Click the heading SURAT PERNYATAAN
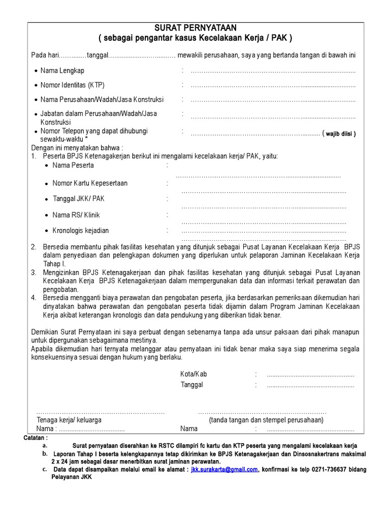[x=196, y=27]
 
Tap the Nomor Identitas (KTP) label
[x=72, y=85]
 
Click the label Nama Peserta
[x=73, y=166]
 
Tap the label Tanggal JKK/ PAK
[x=78, y=199]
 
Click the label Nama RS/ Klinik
[x=76, y=215]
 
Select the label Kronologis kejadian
[x=81, y=231]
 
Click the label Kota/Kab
[x=193, y=374]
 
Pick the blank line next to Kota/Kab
[x=310, y=374]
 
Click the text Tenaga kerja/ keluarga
[x=69, y=420]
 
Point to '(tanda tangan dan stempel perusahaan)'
[x=266, y=420]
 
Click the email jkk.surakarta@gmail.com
[x=224, y=470]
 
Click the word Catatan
[x=36, y=437]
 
